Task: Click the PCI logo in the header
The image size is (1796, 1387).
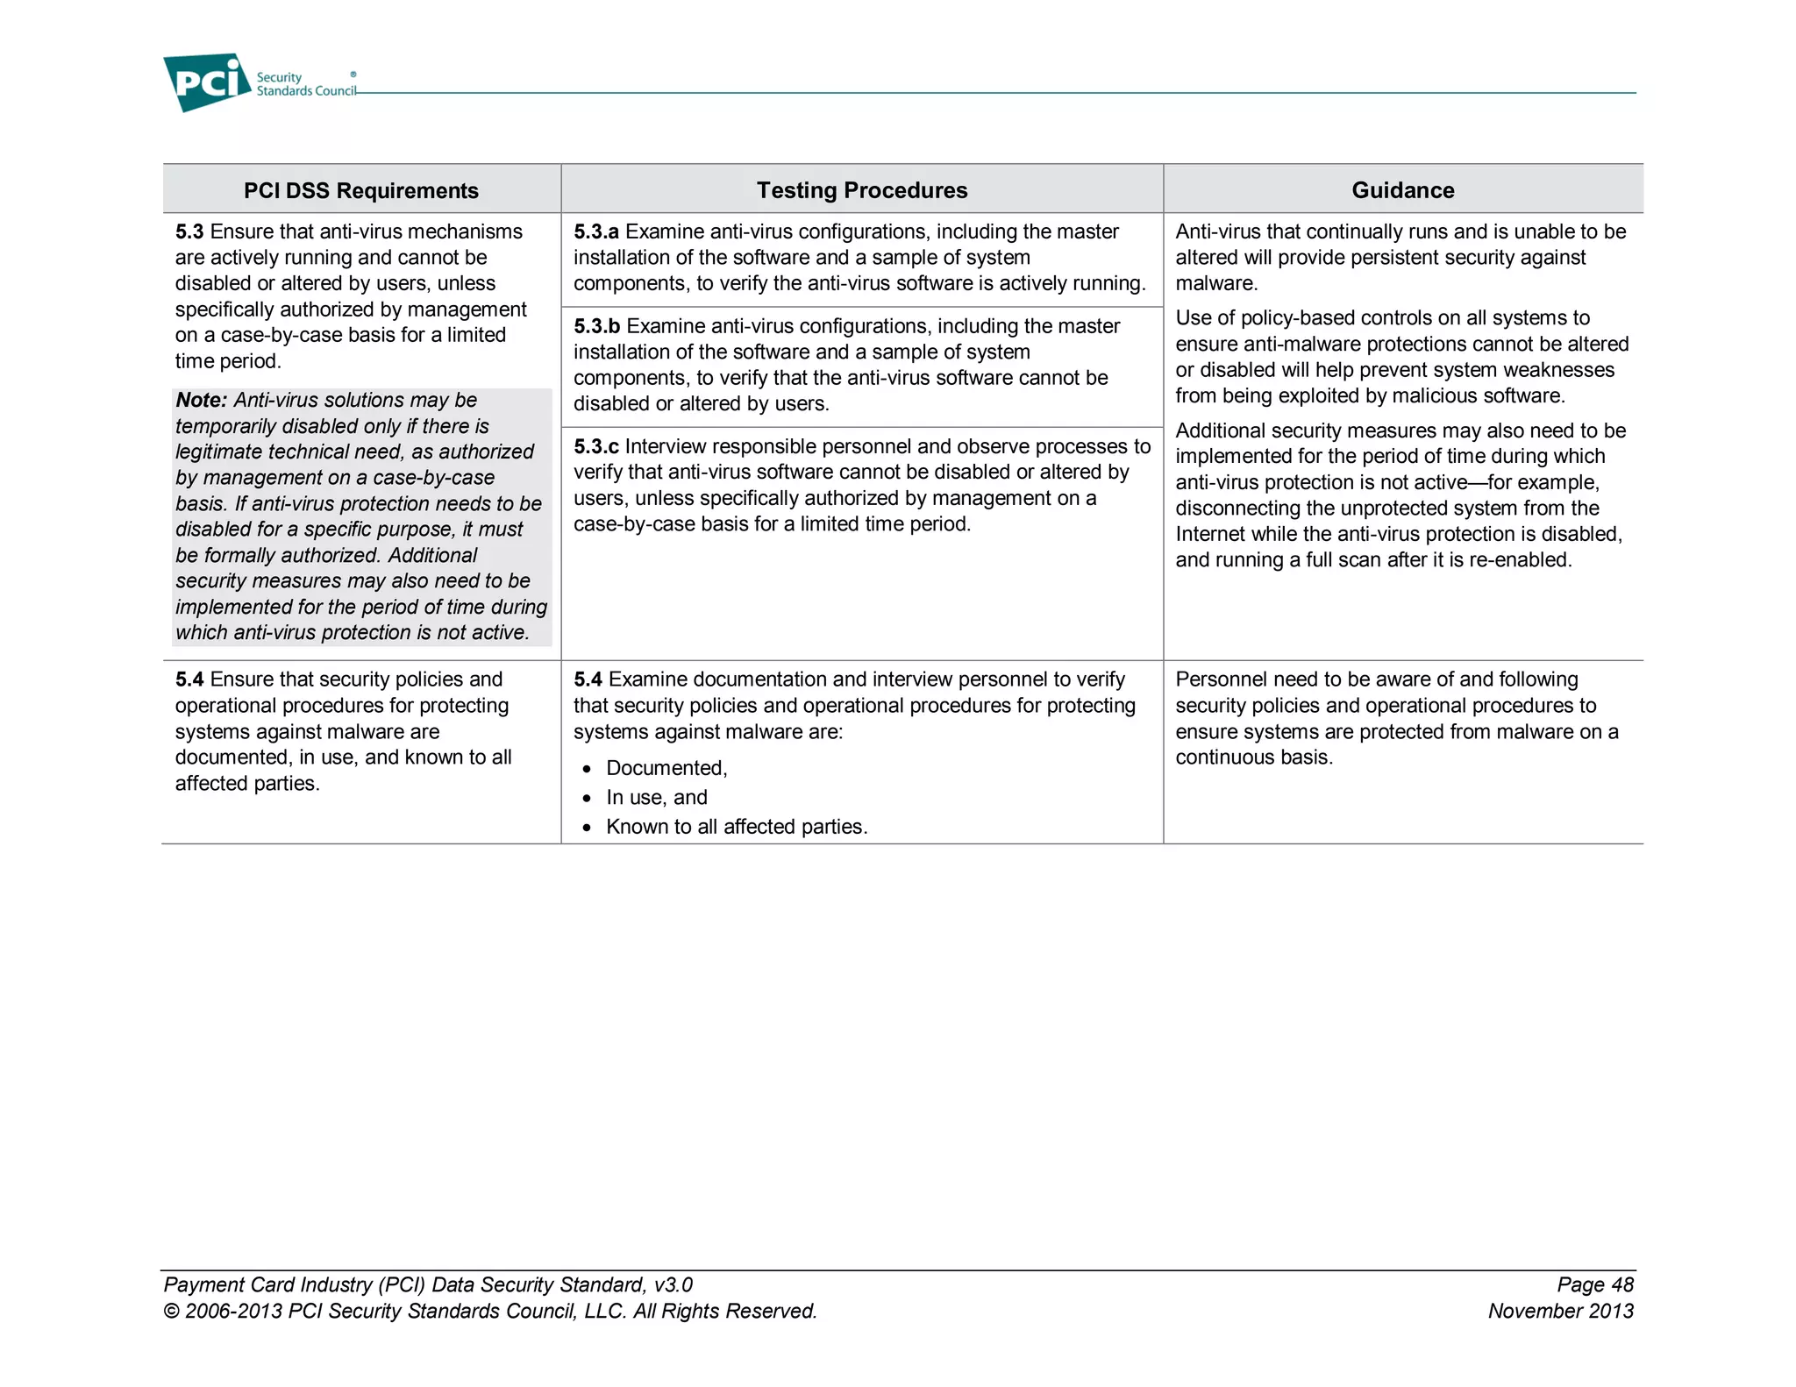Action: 207,82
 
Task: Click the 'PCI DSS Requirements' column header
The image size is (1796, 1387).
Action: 360,190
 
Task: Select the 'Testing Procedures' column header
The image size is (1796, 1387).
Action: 861,190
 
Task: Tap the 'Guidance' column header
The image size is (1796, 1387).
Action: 1402,190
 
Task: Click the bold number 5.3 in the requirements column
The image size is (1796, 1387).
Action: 189,231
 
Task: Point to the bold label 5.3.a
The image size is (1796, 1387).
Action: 595,231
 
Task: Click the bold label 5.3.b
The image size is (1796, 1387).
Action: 596,326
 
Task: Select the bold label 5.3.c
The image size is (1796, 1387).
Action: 595,446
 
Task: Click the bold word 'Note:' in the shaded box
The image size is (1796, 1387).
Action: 201,400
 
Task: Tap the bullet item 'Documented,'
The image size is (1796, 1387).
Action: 666,768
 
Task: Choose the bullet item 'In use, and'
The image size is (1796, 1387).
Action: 656,797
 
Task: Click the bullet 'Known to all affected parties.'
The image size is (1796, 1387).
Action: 736,827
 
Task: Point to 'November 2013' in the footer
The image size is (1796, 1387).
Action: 1560,1311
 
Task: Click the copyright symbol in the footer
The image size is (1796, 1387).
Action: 171,1312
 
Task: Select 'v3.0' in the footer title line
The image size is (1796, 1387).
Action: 673,1284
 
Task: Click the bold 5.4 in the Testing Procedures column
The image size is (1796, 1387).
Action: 588,679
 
